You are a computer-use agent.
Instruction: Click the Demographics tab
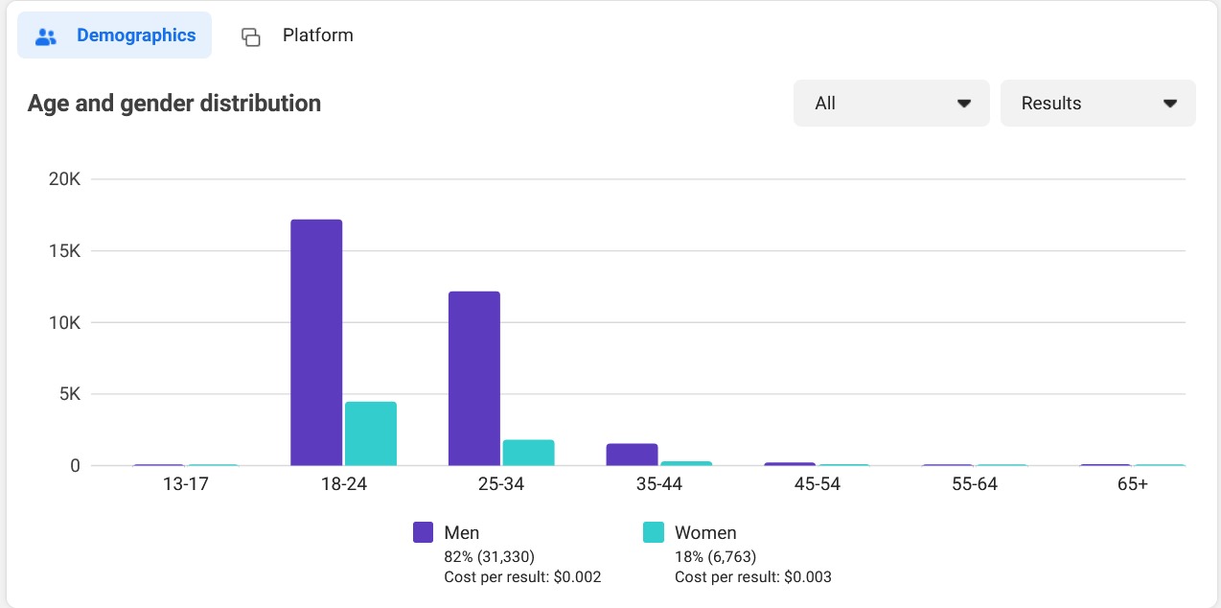tap(115, 36)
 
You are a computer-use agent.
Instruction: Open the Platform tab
tap(297, 36)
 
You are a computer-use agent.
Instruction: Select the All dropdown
tap(891, 104)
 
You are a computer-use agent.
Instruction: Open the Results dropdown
tap(1097, 104)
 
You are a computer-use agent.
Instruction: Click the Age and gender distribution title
tap(174, 104)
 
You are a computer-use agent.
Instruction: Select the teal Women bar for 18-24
tap(371, 433)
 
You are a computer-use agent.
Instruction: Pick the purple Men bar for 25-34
tap(474, 378)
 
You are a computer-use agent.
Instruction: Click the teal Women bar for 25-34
tap(529, 453)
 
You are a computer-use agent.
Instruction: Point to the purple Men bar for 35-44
tap(632, 455)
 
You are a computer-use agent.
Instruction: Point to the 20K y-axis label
tap(64, 179)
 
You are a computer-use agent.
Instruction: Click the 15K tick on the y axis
tap(64, 251)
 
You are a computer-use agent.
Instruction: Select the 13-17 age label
tap(185, 484)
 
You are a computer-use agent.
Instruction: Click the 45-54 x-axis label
tap(817, 484)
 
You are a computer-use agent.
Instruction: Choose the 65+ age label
tap(1132, 484)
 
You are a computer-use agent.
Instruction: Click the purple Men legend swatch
tap(424, 533)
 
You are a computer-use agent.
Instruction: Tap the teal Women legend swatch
tap(654, 533)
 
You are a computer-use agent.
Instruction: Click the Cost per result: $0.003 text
tap(753, 577)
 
